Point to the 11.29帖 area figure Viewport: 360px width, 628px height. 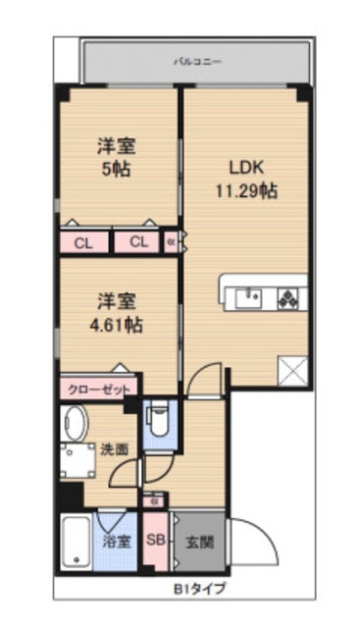coord(246,190)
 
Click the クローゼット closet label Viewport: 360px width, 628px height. coord(98,389)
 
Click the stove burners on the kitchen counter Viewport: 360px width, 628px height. coord(289,295)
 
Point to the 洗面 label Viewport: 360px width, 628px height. coord(114,449)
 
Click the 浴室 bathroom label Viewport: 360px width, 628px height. coord(117,542)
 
